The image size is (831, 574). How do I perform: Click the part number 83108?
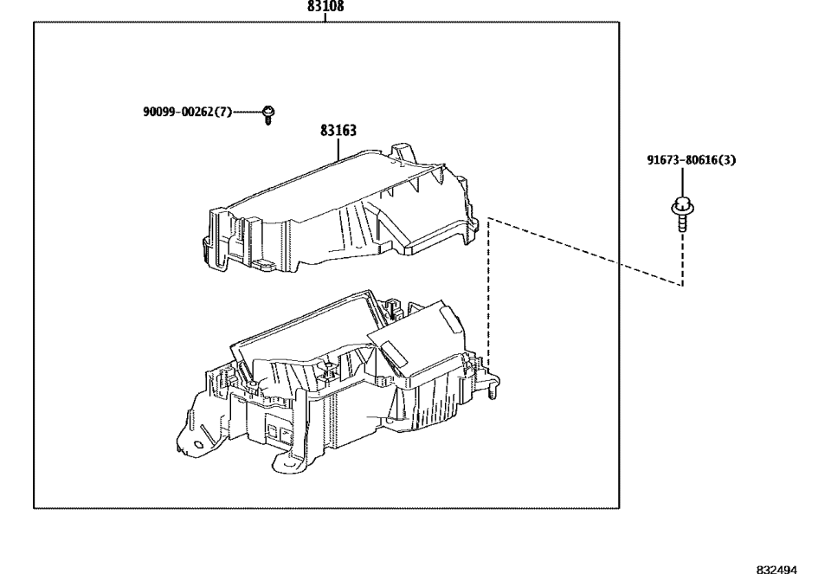pos(325,6)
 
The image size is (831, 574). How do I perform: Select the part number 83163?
pos(338,131)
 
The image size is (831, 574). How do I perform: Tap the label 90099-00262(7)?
pos(188,112)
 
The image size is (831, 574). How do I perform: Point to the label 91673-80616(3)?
pos(691,160)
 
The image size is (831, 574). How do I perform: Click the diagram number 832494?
pos(776,569)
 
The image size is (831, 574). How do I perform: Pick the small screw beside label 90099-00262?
pos(268,114)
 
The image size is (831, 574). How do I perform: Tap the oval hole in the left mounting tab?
pos(198,444)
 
